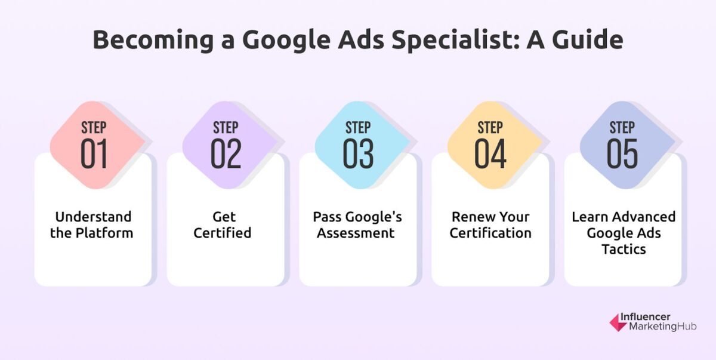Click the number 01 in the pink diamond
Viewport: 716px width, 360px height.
click(x=94, y=154)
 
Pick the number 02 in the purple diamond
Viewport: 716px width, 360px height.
click(x=226, y=154)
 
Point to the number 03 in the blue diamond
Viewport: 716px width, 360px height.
click(x=358, y=154)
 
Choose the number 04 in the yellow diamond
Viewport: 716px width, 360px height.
click(x=490, y=154)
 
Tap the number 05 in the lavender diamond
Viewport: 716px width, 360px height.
click(x=622, y=154)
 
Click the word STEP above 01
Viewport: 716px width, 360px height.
click(x=94, y=127)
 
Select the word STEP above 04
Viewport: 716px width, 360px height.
click(x=490, y=127)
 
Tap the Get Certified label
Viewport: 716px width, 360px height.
click(x=223, y=224)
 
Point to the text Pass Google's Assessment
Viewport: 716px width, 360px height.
click(x=356, y=224)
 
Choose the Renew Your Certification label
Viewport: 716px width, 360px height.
click(x=490, y=224)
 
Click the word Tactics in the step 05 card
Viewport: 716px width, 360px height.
click(x=624, y=249)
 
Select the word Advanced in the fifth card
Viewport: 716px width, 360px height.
click(x=646, y=217)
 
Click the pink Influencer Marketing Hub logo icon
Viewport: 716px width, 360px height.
click(x=618, y=322)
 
